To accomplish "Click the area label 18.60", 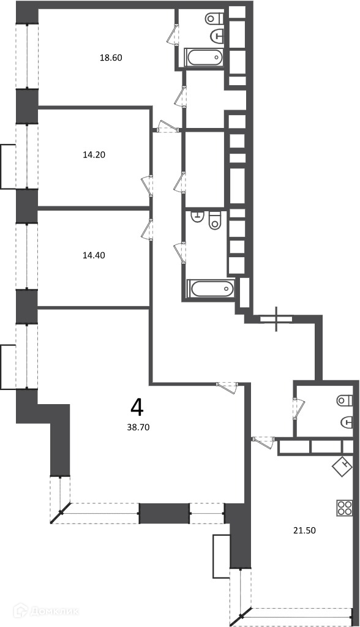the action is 111,58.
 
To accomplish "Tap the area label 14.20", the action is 94,154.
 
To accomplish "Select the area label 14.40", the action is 94,255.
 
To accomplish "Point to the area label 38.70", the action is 138,427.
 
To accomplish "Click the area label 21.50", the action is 305,531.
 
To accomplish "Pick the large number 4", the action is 137,407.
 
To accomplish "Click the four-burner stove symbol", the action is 345,508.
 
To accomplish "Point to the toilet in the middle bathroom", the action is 215,220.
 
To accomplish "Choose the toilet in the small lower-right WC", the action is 345,400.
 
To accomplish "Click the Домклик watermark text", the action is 47,611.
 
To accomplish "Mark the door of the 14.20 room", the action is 147,185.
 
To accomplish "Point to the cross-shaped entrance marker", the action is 276,319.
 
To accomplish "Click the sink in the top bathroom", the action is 217,36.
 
